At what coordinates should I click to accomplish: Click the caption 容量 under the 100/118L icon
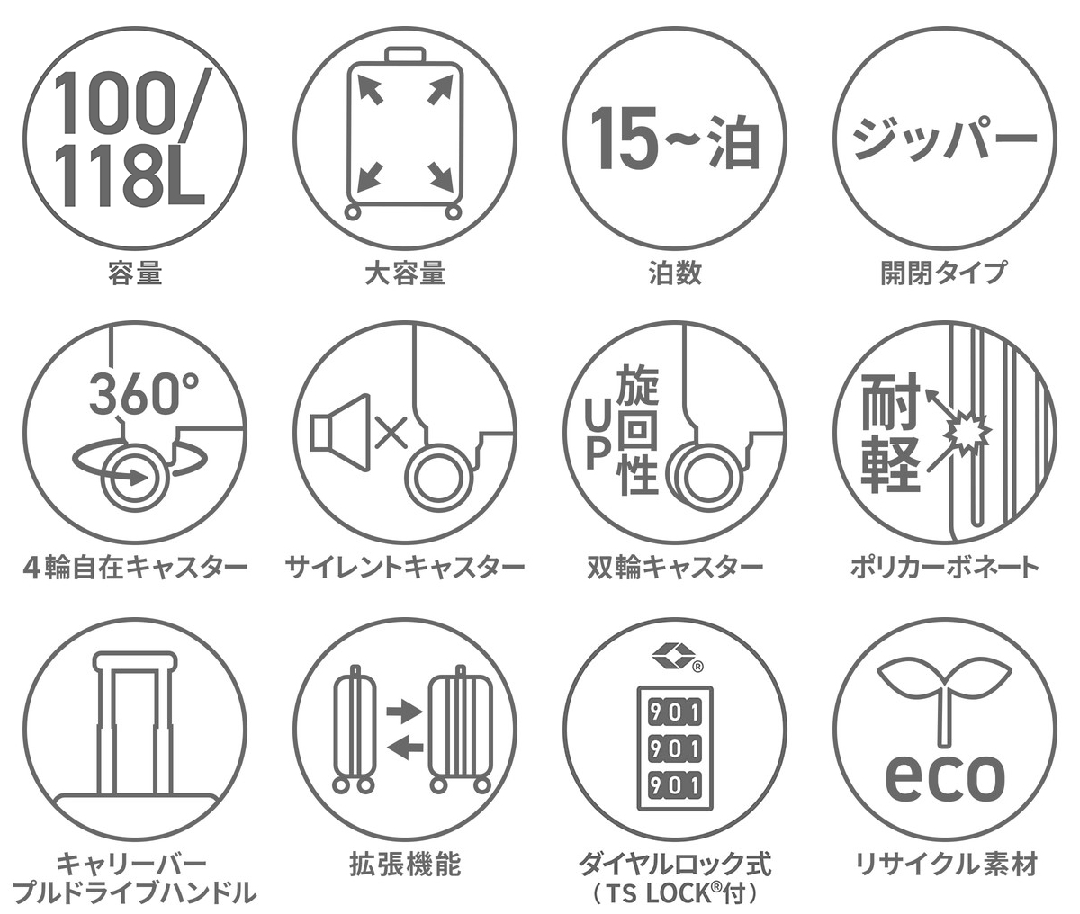click(x=135, y=273)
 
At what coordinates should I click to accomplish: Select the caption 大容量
click(x=405, y=273)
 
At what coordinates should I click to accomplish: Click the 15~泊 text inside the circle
click(x=674, y=139)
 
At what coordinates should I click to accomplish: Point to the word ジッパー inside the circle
click(x=945, y=139)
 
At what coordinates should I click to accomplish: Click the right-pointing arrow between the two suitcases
click(x=404, y=712)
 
